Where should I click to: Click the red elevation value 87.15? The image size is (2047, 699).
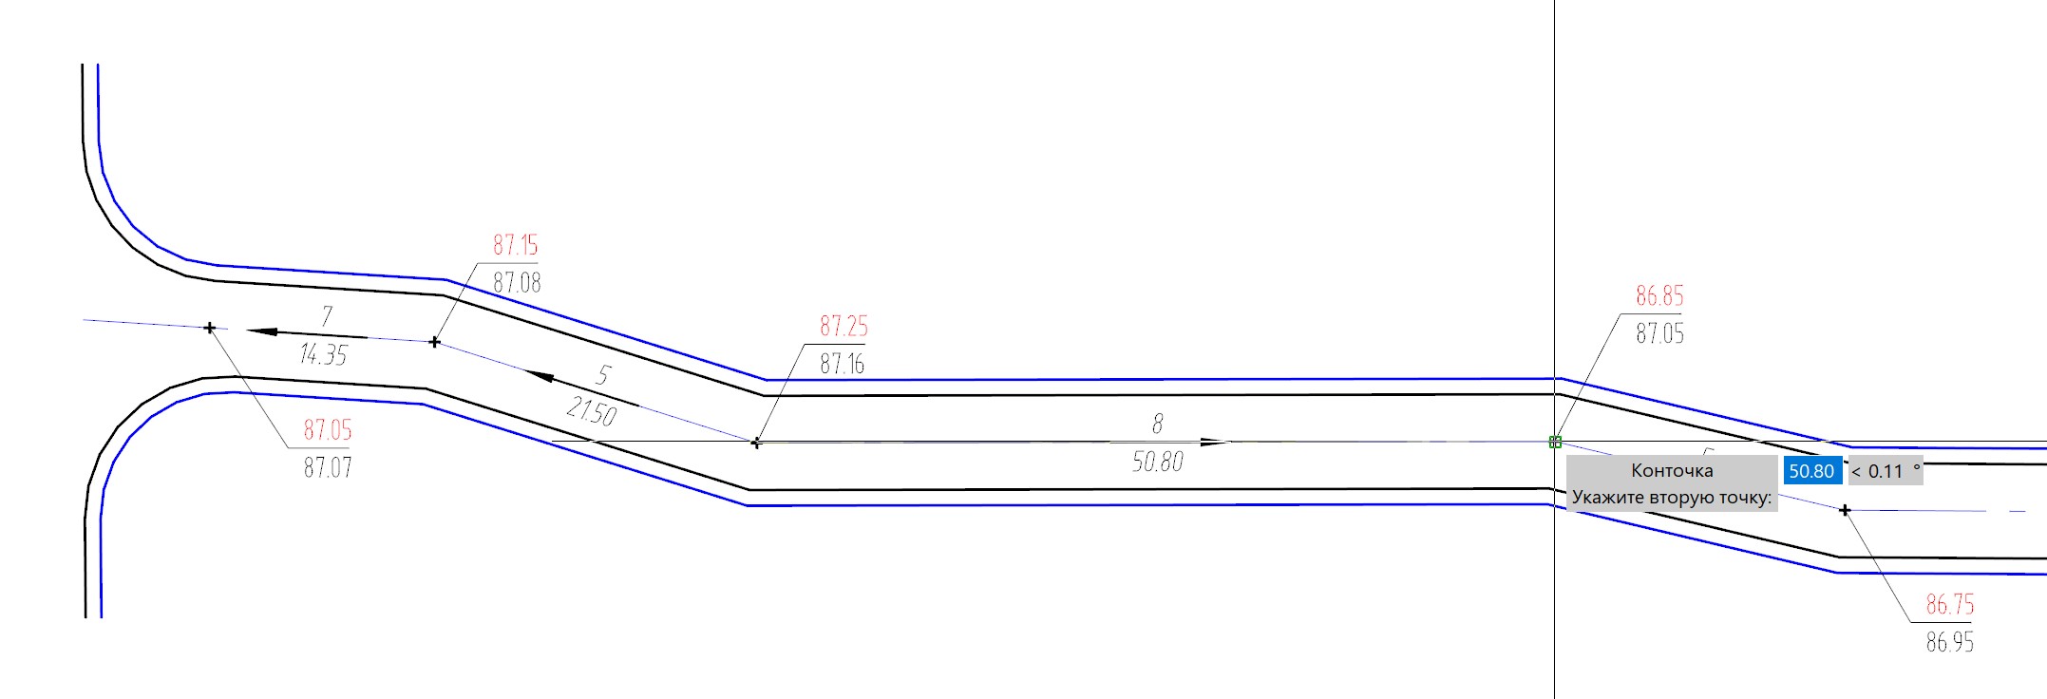515,245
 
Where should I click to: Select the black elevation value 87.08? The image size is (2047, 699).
517,282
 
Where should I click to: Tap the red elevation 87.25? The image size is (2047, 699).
843,327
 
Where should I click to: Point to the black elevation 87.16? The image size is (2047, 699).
843,364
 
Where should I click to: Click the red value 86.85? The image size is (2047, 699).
1659,296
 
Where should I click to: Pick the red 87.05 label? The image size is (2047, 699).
328,430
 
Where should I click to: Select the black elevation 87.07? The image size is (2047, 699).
328,467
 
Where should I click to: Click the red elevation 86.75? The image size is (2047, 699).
1950,605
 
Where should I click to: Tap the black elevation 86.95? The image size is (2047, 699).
1950,643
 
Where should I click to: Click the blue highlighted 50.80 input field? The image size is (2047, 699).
1812,471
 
